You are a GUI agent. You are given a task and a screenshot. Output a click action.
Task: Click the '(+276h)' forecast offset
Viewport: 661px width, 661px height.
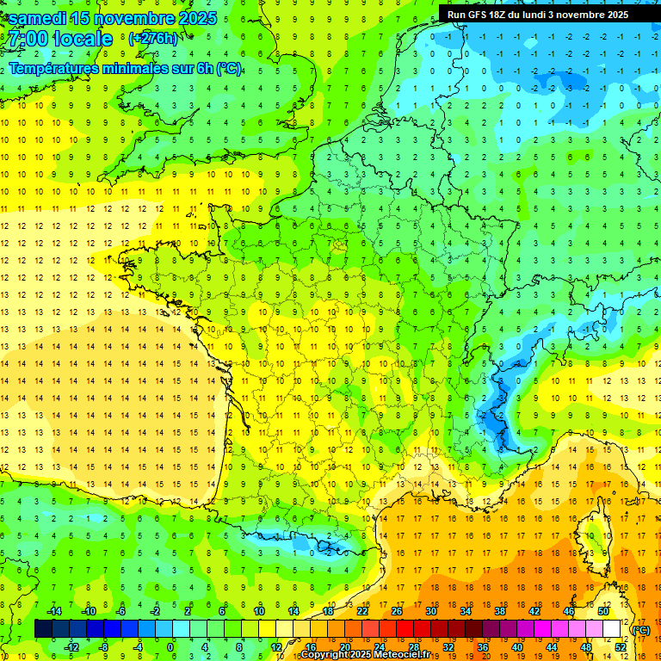pos(153,38)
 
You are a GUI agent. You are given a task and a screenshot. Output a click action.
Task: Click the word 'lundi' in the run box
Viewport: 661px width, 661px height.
pos(547,14)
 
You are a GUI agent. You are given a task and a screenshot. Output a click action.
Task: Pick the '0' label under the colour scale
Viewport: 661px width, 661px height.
pos(170,647)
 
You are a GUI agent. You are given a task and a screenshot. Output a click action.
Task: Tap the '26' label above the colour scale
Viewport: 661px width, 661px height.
pos(396,610)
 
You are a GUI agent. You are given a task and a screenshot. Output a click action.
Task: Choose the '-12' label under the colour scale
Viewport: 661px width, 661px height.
pos(72,647)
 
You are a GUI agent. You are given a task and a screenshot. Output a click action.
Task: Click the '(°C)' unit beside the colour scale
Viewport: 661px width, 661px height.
pos(640,630)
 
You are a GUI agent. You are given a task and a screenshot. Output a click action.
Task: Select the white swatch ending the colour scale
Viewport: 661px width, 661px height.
pos(611,629)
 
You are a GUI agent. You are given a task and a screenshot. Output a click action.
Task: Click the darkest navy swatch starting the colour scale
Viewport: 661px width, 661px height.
pos(43,629)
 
